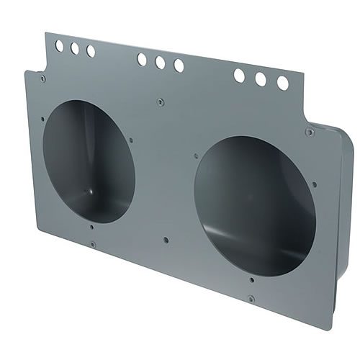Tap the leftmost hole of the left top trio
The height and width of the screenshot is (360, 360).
(59, 46)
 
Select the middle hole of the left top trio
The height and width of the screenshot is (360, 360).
(74, 49)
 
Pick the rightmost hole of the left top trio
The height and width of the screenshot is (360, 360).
(90, 51)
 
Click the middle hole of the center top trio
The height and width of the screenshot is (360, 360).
(160, 63)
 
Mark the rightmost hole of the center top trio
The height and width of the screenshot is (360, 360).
(179, 66)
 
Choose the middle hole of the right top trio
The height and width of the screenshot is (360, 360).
(261, 79)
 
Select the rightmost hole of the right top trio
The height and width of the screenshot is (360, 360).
(283, 83)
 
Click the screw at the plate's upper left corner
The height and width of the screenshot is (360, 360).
(43, 78)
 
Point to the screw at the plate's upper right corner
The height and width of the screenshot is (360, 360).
(310, 132)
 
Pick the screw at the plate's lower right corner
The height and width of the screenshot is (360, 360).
(250, 298)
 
